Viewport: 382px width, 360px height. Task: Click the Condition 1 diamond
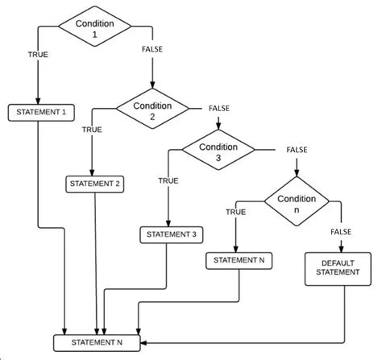[95, 27]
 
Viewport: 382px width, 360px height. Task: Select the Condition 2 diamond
[152, 109]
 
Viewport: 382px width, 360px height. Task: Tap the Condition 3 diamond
[218, 150]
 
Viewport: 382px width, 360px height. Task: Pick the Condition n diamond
[297, 201]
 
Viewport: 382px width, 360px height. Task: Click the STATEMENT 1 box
[41, 113]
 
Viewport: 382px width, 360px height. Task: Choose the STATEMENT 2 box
[95, 184]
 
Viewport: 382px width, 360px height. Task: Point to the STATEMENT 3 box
[172, 235]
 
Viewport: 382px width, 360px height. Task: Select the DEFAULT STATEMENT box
[338, 269]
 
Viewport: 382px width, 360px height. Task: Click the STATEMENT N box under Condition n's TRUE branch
[239, 261]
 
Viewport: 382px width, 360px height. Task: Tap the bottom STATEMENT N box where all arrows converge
[97, 343]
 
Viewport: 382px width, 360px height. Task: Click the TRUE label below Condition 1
[38, 55]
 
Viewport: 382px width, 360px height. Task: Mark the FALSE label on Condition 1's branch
[152, 49]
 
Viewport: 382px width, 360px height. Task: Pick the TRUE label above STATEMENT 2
[92, 130]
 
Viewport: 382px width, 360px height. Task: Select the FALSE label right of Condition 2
[219, 109]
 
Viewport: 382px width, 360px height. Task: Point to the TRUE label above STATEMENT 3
[168, 180]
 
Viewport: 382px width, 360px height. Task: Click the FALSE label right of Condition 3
[297, 150]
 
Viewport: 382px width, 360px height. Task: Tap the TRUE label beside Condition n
[236, 212]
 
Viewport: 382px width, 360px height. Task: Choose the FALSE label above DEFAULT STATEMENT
[341, 232]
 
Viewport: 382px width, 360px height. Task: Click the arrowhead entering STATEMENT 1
[38, 101]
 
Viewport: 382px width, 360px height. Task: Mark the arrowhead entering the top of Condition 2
[152, 85]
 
